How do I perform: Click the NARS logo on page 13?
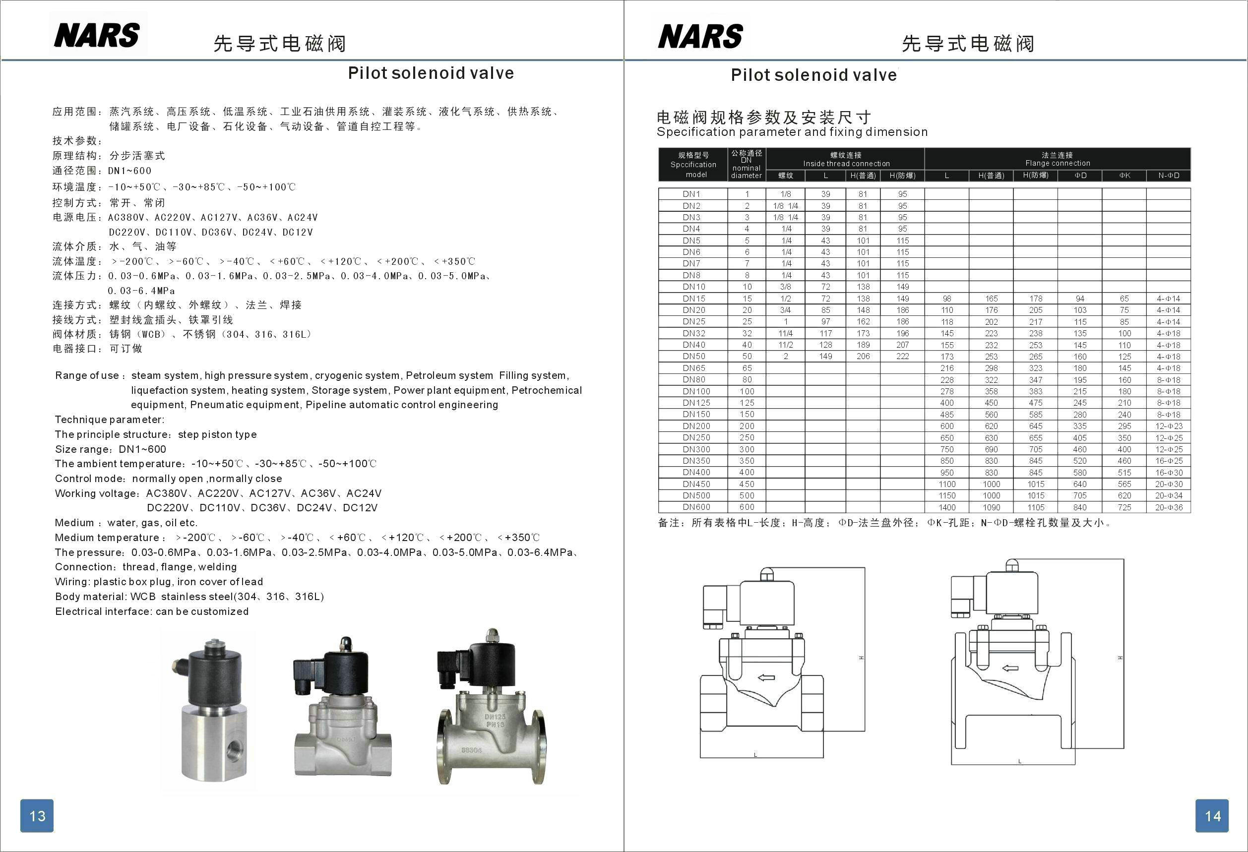pyautogui.click(x=97, y=35)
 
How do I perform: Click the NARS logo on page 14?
pyautogui.click(x=700, y=36)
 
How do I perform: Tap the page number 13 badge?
pyautogui.click(x=37, y=815)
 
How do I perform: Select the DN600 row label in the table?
pyautogui.click(x=696, y=507)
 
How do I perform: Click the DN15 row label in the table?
pyautogui.click(x=694, y=299)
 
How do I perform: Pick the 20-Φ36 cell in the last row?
pyautogui.click(x=1169, y=507)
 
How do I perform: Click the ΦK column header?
pyautogui.click(x=1124, y=176)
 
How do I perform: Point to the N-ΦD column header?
pyautogui.click(x=1169, y=176)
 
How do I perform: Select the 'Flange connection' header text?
pyautogui.click(x=1058, y=163)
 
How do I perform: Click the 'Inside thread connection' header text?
pyautogui.click(x=846, y=164)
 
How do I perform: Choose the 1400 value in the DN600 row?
pyautogui.click(x=947, y=507)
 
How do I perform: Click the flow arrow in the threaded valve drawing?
pyautogui.click(x=766, y=677)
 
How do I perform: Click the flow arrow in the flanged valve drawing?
pyautogui.click(x=1010, y=669)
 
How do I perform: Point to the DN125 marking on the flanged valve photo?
pyautogui.click(x=495, y=717)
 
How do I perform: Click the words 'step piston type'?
pyautogui.click(x=217, y=434)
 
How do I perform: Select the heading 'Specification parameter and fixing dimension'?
pyautogui.click(x=792, y=132)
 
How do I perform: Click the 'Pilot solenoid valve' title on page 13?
pyautogui.click(x=431, y=73)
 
